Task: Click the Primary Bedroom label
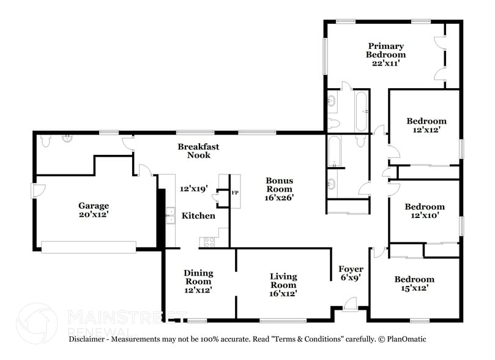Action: (x=385, y=50)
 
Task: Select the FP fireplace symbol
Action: (x=234, y=192)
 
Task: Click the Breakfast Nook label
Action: (x=198, y=151)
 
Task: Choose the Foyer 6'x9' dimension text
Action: (x=351, y=277)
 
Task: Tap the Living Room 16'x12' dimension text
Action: (x=283, y=294)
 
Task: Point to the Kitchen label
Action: (x=198, y=216)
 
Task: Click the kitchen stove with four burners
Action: (x=207, y=242)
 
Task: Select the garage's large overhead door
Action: (x=88, y=246)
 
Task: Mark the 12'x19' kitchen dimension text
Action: (x=193, y=189)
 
